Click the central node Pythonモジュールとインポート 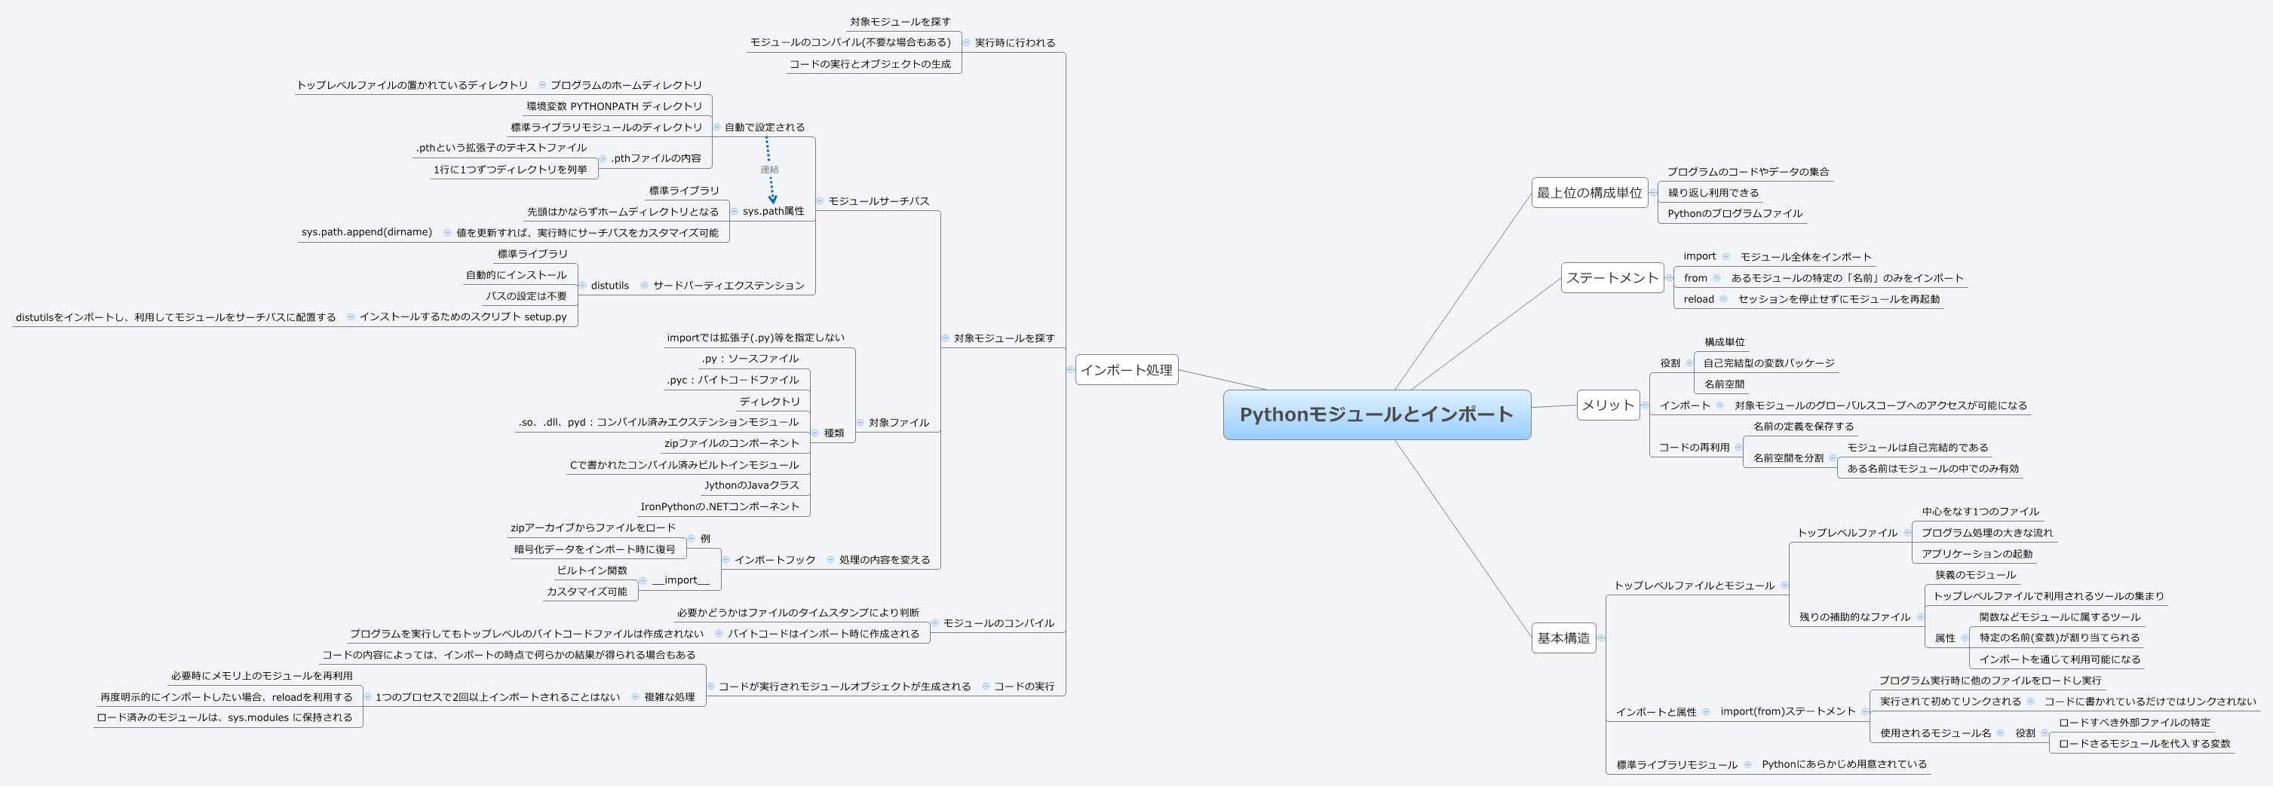[1376, 414]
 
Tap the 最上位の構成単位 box [1589, 193]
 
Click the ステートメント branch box [1612, 278]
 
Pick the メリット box [1608, 405]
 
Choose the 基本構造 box [1563, 638]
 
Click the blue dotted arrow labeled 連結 [769, 170]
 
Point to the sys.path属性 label [773, 212]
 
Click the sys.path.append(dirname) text [367, 233]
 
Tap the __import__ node [680, 580]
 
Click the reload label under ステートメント [1698, 300]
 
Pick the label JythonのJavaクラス [751, 486]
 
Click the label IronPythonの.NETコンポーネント [719, 507]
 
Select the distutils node [609, 286]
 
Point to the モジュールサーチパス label [878, 201]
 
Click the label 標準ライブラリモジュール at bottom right [1676, 765]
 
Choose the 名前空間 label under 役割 [1723, 384]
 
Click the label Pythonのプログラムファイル [1734, 213]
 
